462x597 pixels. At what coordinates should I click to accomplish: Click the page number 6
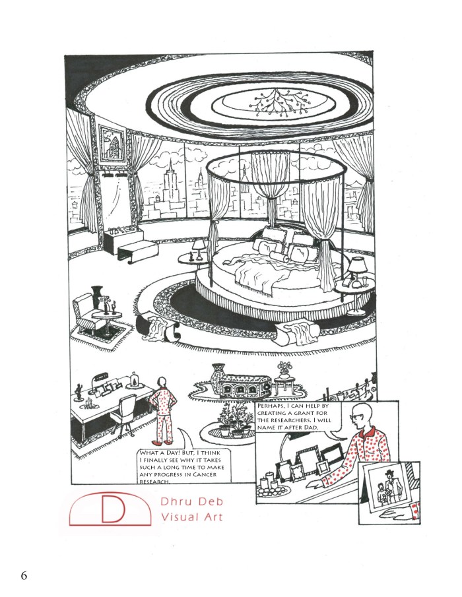(24, 575)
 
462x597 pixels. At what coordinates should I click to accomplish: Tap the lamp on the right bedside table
(356, 267)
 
